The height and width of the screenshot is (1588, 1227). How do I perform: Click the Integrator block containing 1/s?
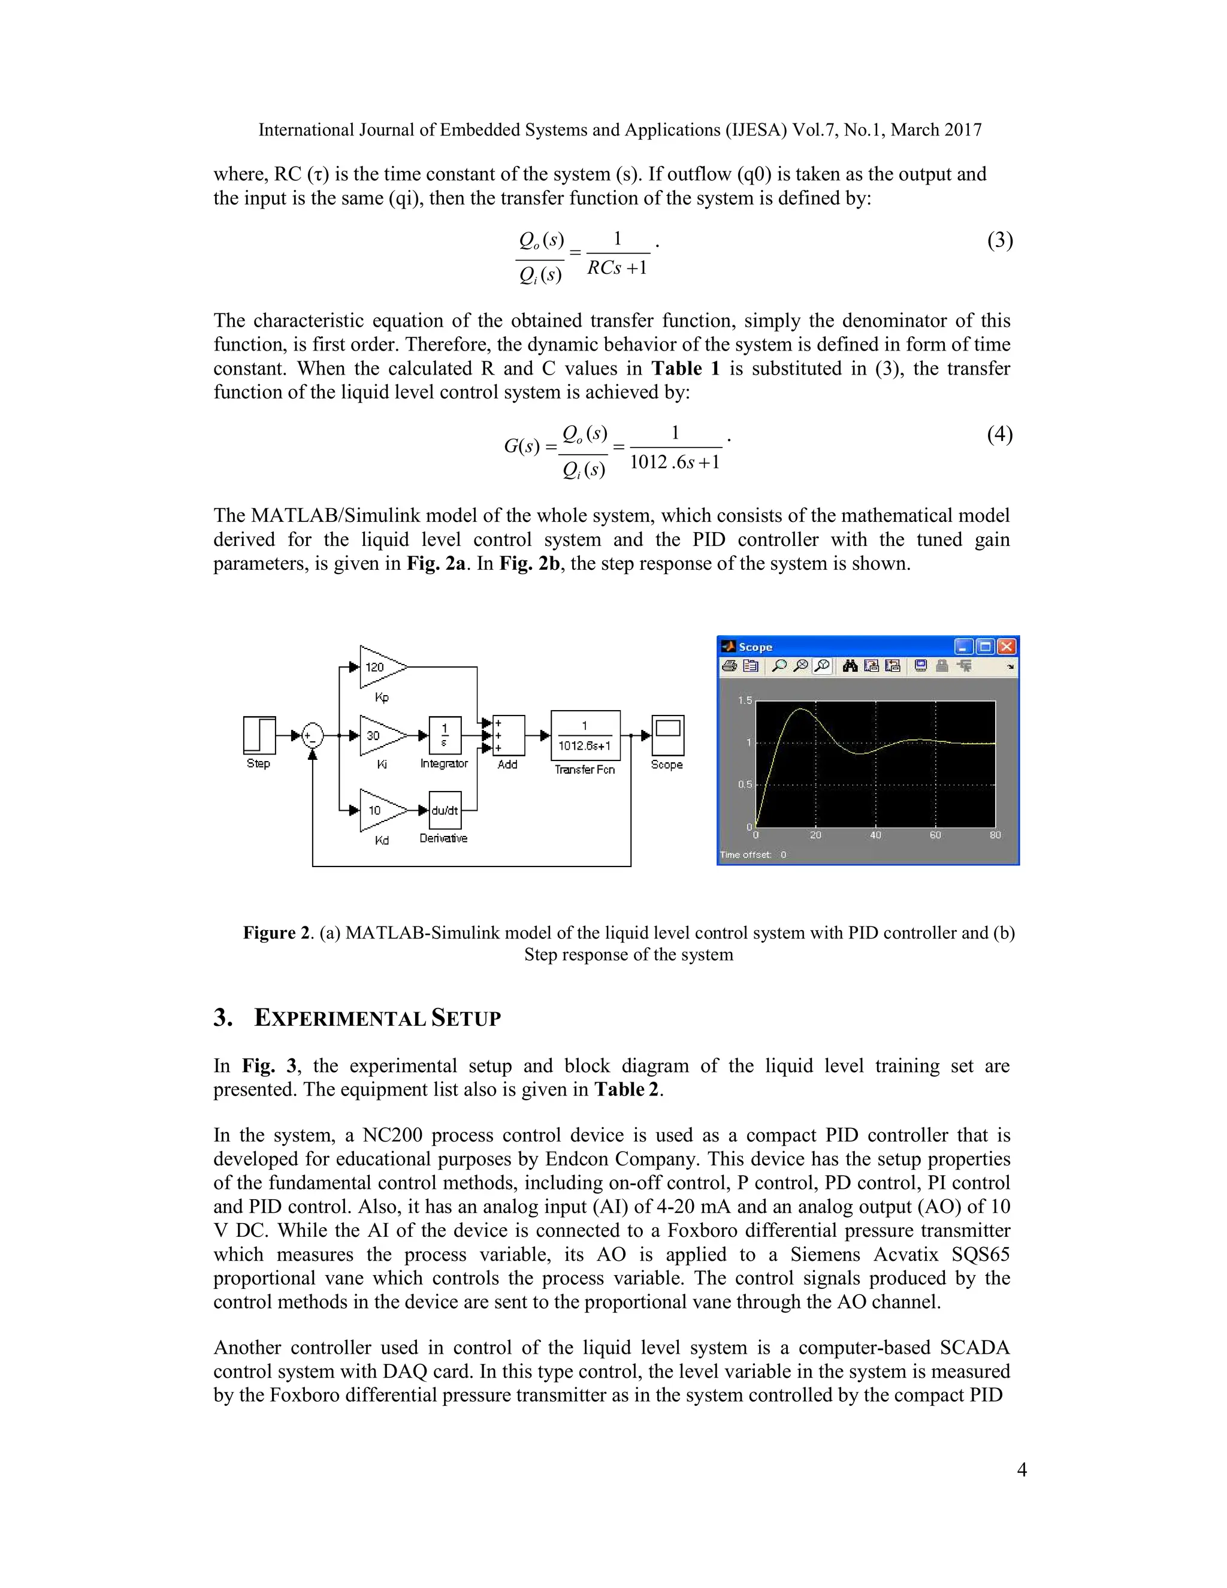coord(445,736)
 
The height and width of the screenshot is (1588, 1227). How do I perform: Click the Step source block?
coord(259,735)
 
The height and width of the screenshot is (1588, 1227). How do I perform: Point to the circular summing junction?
coord(313,736)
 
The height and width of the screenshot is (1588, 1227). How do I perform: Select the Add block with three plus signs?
coord(508,736)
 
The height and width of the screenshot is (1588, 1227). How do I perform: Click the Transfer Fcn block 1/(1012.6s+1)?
coord(585,736)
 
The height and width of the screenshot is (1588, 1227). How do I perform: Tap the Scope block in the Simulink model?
coord(667,735)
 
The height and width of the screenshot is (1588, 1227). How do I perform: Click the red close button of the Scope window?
coord(1007,647)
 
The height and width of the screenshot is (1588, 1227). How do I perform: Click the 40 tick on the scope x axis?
coord(875,835)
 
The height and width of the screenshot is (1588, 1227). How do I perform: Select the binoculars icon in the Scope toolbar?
coord(850,665)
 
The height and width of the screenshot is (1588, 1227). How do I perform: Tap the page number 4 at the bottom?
coord(1022,1469)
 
